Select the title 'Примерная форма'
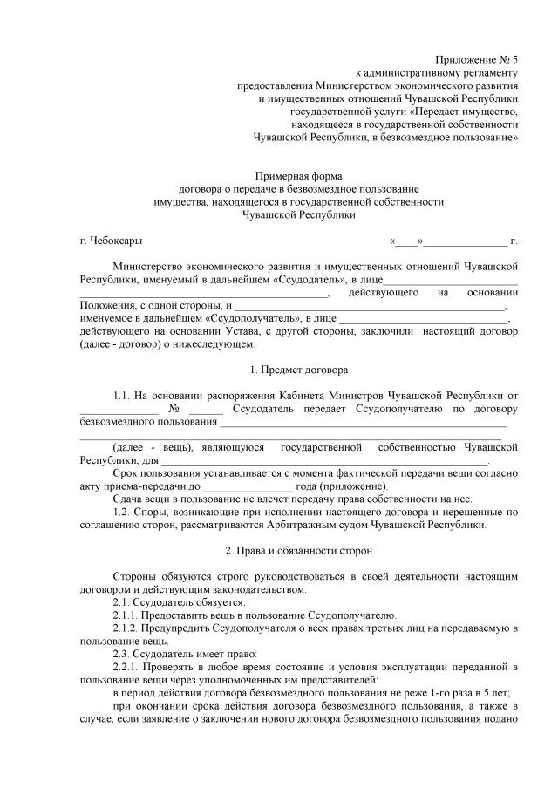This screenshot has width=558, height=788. pos(299,176)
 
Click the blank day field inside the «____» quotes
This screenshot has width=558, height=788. pos(406,241)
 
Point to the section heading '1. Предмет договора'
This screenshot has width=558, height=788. pos(299,370)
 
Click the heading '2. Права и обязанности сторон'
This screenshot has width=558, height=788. pos(299,551)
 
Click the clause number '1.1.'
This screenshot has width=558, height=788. pos(124,397)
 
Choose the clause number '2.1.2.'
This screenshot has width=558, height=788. pos(128,628)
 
